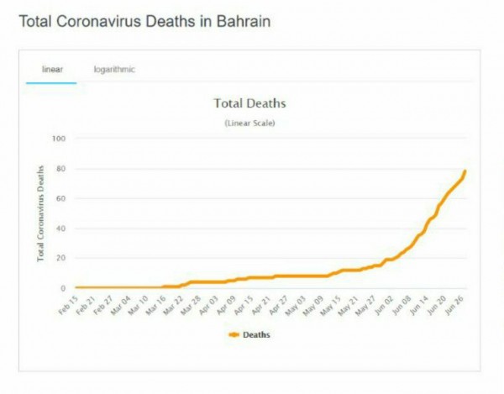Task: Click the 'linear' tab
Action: [53, 69]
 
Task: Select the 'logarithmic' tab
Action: [114, 69]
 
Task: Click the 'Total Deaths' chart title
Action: [250, 104]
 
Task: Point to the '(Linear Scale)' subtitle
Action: [250, 123]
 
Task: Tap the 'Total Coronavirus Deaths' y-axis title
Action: [40, 213]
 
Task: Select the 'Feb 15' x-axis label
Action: [69, 304]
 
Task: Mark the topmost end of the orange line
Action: [465, 171]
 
